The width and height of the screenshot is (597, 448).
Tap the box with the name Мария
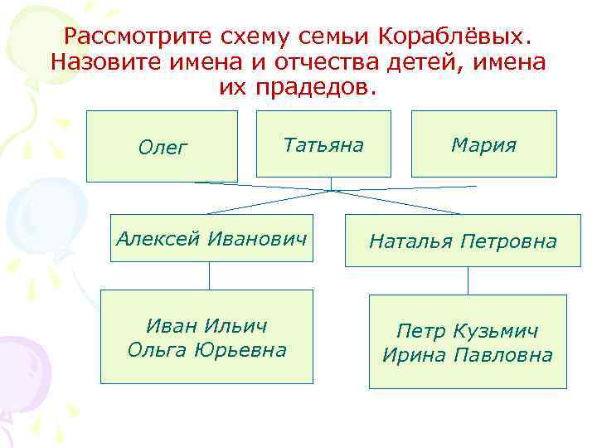483,144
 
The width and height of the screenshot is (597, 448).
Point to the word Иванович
256,239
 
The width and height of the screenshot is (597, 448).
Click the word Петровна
511,241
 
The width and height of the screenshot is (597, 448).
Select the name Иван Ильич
206,325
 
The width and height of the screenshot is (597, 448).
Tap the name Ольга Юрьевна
206,350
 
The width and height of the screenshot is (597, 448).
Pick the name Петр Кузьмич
468,331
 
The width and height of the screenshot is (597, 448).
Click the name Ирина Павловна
468,355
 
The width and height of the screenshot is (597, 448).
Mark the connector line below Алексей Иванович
209,275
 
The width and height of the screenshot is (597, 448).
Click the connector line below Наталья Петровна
468,280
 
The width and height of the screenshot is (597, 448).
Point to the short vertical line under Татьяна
331,183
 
